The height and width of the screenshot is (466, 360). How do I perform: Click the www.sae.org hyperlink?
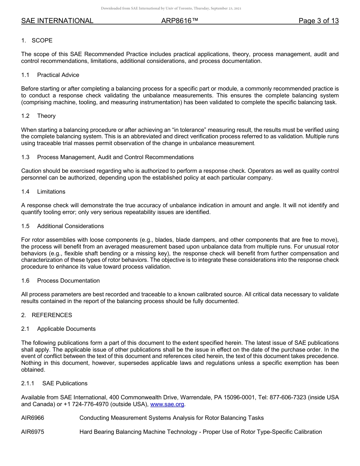[x=167, y=404]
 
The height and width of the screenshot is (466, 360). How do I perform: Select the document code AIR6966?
[x=33, y=418]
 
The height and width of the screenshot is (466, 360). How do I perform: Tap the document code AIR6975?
[x=33, y=432]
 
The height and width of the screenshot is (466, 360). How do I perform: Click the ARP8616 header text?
[x=180, y=21]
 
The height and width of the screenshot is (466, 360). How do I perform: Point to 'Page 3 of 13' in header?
[x=318, y=21]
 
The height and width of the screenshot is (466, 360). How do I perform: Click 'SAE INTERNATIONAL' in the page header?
[x=57, y=21]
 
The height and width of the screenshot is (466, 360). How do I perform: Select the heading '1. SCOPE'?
[x=37, y=41]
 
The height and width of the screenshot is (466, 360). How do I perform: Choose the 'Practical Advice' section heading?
[x=58, y=75]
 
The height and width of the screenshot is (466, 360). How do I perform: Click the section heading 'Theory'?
[x=46, y=116]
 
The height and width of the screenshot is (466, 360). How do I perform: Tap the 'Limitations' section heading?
[x=51, y=192]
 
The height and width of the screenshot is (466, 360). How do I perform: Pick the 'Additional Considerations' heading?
[x=70, y=226]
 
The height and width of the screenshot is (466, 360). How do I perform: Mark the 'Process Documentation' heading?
[x=69, y=281]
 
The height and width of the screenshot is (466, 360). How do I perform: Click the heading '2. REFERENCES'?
[x=47, y=315]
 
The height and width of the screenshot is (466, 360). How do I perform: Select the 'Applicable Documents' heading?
[x=66, y=329]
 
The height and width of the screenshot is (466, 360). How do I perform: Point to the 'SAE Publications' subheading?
[x=65, y=383]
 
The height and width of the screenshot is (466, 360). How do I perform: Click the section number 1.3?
[x=25, y=157]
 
